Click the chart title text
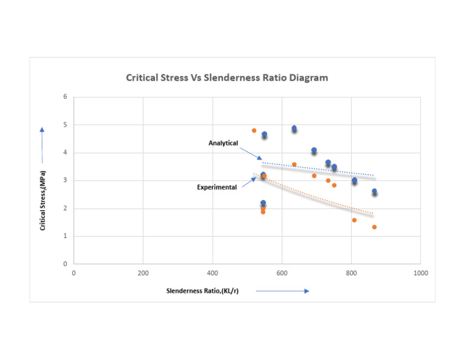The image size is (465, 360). pyautogui.click(x=226, y=78)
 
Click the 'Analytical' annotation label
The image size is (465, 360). pyautogui.click(x=223, y=143)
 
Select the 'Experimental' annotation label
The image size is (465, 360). pyautogui.click(x=216, y=187)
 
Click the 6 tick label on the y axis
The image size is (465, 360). pyautogui.click(x=65, y=97)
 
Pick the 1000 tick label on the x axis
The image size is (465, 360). pyautogui.click(x=420, y=273)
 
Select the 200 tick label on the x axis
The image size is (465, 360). pyautogui.click(x=143, y=273)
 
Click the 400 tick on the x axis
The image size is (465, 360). pyautogui.click(x=213, y=273)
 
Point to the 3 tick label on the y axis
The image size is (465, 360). pyautogui.click(x=65, y=181)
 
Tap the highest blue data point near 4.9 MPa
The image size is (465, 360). pyautogui.click(x=294, y=128)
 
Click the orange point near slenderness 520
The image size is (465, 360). pyautogui.click(x=254, y=130)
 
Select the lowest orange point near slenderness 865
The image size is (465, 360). pyautogui.click(x=374, y=227)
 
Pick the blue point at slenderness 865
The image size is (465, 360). pyautogui.click(x=374, y=192)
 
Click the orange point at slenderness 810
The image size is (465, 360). pyautogui.click(x=354, y=220)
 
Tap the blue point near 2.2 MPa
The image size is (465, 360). pyautogui.click(x=263, y=203)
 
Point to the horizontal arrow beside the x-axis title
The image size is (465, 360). pyautogui.click(x=282, y=291)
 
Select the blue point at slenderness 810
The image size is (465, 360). pyautogui.click(x=354, y=180)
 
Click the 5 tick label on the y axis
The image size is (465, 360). pyautogui.click(x=65, y=125)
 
